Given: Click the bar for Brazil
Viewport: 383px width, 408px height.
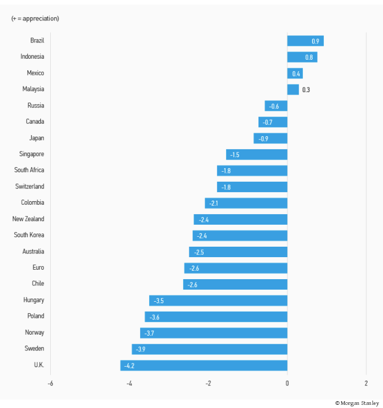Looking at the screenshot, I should click(x=305, y=41).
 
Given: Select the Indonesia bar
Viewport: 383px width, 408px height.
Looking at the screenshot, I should click(x=302, y=57).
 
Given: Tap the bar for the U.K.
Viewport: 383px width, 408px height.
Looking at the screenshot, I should click(x=204, y=365).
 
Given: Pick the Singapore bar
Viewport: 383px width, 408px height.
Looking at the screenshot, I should click(x=256, y=155).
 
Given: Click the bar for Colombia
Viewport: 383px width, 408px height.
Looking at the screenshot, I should click(x=246, y=203).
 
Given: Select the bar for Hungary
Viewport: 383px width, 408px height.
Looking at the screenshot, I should click(x=218, y=301).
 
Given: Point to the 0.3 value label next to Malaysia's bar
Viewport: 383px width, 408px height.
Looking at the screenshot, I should click(x=306, y=90).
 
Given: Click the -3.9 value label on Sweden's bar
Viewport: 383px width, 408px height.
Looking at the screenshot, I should click(x=141, y=349).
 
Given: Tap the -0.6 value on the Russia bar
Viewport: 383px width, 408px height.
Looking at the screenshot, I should click(x=274, y=106).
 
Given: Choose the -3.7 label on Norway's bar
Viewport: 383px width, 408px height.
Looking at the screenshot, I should click(x=149, y=333).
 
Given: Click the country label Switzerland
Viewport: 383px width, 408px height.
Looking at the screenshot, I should click(x=30, y=186).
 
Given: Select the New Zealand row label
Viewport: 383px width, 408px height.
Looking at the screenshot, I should click(x=28, y=219).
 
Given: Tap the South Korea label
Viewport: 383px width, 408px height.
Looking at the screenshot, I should click(x=29, y=235).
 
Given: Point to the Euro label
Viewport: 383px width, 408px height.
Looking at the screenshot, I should click(x=38, y=268).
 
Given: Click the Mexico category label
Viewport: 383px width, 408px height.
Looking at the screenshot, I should click(x=36, y=73).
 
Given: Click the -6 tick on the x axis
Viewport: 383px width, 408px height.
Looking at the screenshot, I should click(x=50, y=383).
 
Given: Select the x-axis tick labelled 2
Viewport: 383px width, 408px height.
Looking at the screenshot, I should click(x=366, y=383).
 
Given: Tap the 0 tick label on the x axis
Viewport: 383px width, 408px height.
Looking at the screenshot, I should click(x=287, y=383).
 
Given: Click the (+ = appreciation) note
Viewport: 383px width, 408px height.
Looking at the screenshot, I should click(x=35, y=18).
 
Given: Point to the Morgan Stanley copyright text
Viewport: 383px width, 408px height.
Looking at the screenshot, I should click(x=357, y=403).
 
